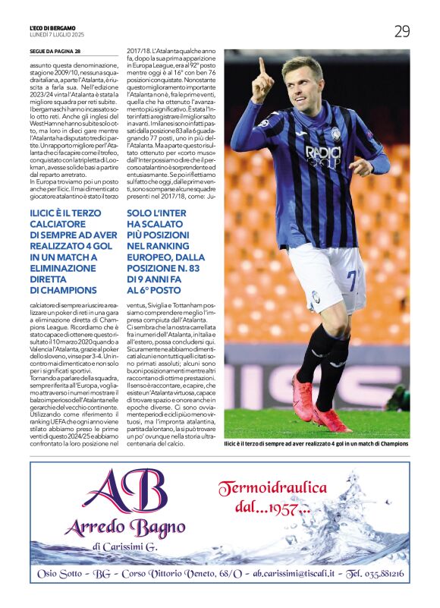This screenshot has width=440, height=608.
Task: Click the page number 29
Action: (x=401, y=31)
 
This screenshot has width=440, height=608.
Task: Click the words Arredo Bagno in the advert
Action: (x=124, y=528)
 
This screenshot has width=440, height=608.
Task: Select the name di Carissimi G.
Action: (x=126, y=548)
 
